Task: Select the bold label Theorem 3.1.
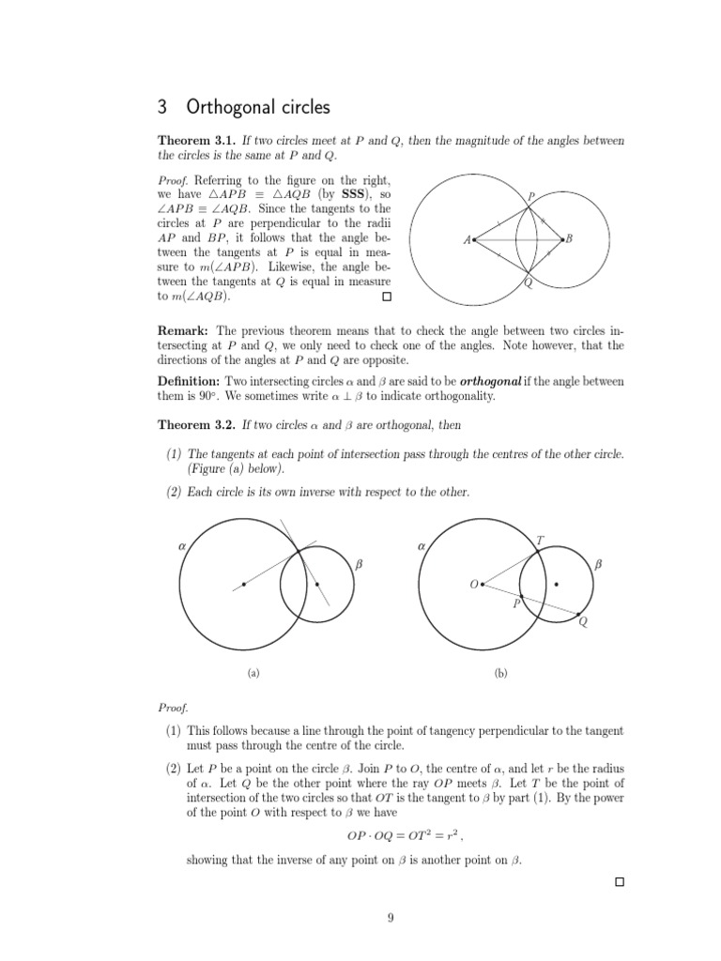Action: click(x=197, y=141)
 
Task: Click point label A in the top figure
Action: click(x=467, y=240)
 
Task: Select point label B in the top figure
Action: click(x=569, y=240)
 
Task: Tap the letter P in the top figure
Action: click(x=530, y=196)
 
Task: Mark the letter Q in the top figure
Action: click(x=529, y=284)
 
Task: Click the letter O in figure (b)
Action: click(x=473, y=585)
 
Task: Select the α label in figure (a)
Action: click(x=182, y=544)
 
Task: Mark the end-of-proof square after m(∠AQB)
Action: click(x=385, y=297)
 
